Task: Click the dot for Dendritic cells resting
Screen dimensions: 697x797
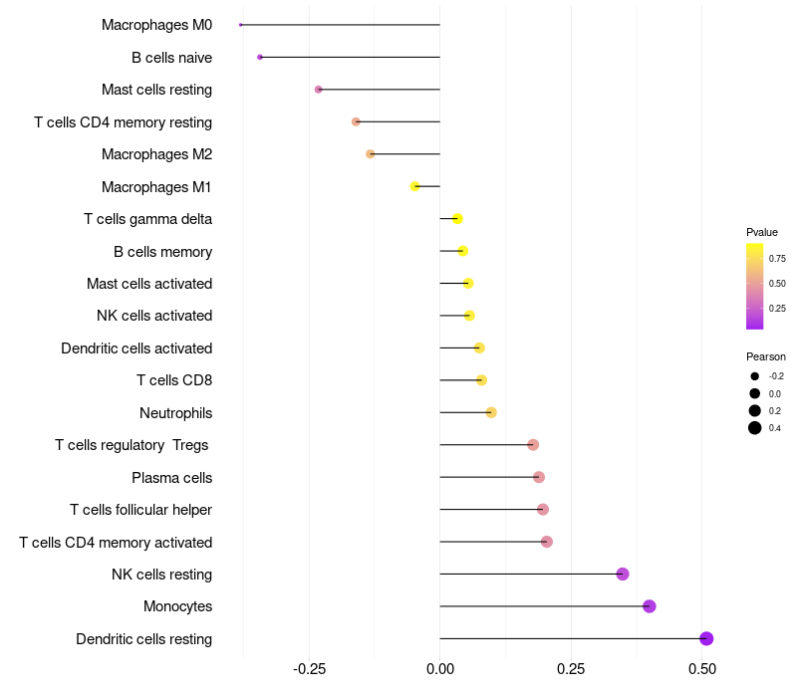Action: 706,638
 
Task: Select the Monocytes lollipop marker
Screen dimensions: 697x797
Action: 650,606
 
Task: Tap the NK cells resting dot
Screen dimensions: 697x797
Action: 623,574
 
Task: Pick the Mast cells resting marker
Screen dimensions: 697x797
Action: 319,90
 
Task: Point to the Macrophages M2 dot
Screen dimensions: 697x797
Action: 371,154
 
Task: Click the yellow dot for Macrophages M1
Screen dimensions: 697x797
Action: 415,186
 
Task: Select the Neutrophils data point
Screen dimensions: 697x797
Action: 491,412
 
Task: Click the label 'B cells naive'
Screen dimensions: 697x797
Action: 171,58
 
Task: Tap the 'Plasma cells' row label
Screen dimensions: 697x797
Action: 171,478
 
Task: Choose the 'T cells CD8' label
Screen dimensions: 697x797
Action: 173,380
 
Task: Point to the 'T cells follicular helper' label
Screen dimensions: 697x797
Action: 140,510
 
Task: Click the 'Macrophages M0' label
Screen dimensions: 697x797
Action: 156,25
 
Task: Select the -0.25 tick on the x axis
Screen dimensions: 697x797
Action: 309,668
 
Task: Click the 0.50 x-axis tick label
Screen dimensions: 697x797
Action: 702,668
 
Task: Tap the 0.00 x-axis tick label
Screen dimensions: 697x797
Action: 439,668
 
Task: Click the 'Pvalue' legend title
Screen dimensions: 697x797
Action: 762,232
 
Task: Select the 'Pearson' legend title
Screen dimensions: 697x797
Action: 765,356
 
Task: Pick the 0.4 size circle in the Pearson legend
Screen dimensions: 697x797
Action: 755,428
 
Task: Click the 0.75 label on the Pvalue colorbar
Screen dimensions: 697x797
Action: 777,258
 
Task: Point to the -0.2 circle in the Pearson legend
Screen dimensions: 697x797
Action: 755,376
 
